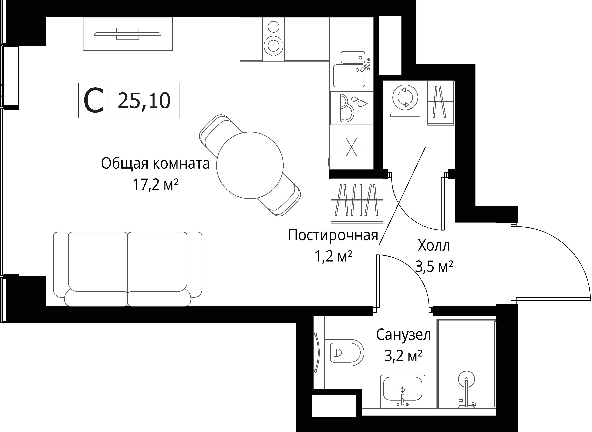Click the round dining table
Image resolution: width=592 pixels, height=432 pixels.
[250, 165]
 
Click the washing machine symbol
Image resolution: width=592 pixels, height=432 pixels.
[405, 97]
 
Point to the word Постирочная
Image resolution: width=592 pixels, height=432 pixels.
[333, 235]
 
